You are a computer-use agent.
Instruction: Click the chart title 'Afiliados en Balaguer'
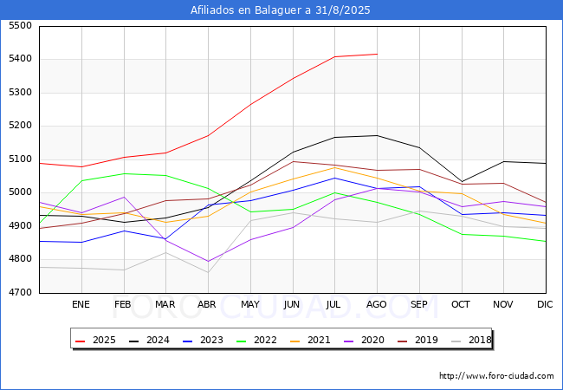click(281, 10)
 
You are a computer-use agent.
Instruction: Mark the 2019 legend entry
click(423, 341)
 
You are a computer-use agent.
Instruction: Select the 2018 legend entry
click(476, 341)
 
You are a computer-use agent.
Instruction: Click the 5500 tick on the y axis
click(19, 26)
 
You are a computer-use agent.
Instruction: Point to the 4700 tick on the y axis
click(19, 293)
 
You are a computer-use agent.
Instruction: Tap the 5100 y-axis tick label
click(19, 159)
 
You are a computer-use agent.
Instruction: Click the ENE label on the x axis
click(81, 304)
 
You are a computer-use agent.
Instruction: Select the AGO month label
click(377, 304)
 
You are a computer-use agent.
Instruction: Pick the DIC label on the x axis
click(545, 304)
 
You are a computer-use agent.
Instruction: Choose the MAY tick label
click(249, 304)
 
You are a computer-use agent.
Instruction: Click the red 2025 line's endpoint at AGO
click(377, 54)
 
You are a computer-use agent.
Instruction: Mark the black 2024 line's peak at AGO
click(377, 135)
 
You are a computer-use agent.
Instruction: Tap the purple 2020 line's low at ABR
click(208, 261)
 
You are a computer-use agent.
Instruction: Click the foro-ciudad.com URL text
click(496, 376)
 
